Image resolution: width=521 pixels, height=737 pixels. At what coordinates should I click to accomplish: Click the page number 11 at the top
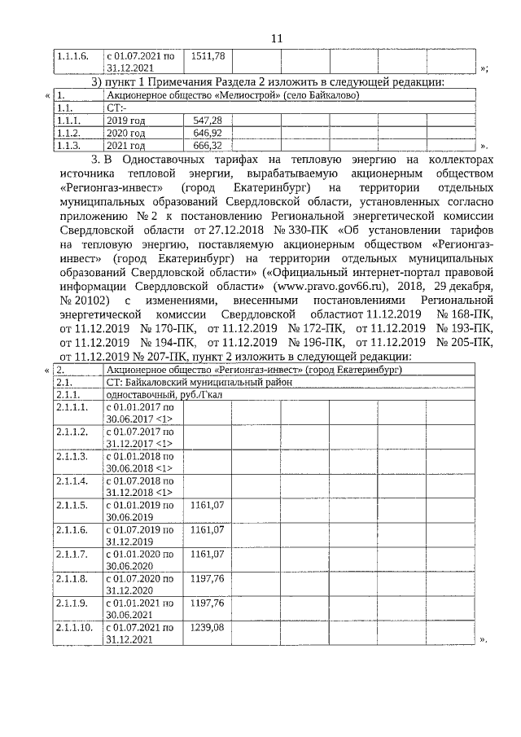click(x=276, y=38)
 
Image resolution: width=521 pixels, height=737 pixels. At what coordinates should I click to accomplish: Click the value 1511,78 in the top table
click(x=208, y=57)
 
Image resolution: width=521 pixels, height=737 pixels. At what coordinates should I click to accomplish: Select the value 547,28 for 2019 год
click(x=207, y=121)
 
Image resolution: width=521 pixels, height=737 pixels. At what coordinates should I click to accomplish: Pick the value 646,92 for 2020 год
click(x=207, y=133)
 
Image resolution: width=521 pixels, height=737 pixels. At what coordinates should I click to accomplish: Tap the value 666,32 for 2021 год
click(x=207, y=145)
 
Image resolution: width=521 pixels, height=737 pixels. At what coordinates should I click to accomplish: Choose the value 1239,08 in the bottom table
click(x=207, y=629)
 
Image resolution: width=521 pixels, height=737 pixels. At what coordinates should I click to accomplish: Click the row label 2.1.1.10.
click(x=74, y=629)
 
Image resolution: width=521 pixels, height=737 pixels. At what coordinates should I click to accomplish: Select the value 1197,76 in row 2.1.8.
click(x=207, y=579)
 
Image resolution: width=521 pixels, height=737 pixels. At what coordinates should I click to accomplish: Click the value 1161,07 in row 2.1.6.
click(x=207, y=530)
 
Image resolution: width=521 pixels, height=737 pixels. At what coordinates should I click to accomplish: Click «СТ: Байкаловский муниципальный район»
click(x=199, y=382)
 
